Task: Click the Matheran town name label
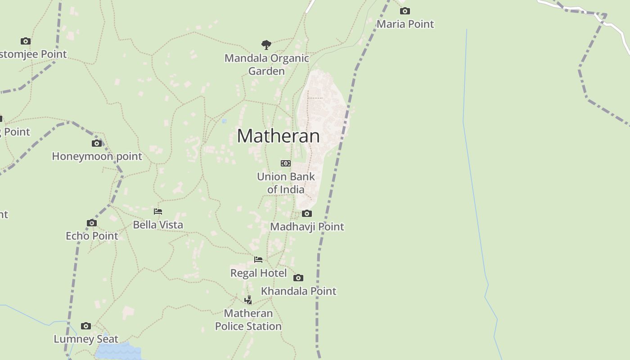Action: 278,136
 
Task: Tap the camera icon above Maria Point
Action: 405,11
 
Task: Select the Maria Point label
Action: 405,24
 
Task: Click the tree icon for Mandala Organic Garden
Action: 266,45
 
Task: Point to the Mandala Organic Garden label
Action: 266,64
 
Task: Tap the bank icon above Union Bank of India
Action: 286,163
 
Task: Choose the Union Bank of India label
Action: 286,183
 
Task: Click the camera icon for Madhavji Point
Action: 307,213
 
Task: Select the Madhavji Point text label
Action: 307,226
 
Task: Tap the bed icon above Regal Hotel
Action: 258,260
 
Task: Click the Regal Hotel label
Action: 258,273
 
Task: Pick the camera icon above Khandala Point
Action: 298,278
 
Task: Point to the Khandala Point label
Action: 298,291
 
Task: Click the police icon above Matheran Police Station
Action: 248,300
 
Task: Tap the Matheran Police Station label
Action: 248,319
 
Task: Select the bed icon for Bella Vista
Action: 158,211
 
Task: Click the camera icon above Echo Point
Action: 92,223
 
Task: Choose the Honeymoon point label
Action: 97,156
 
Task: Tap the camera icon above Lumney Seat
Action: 86,326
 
